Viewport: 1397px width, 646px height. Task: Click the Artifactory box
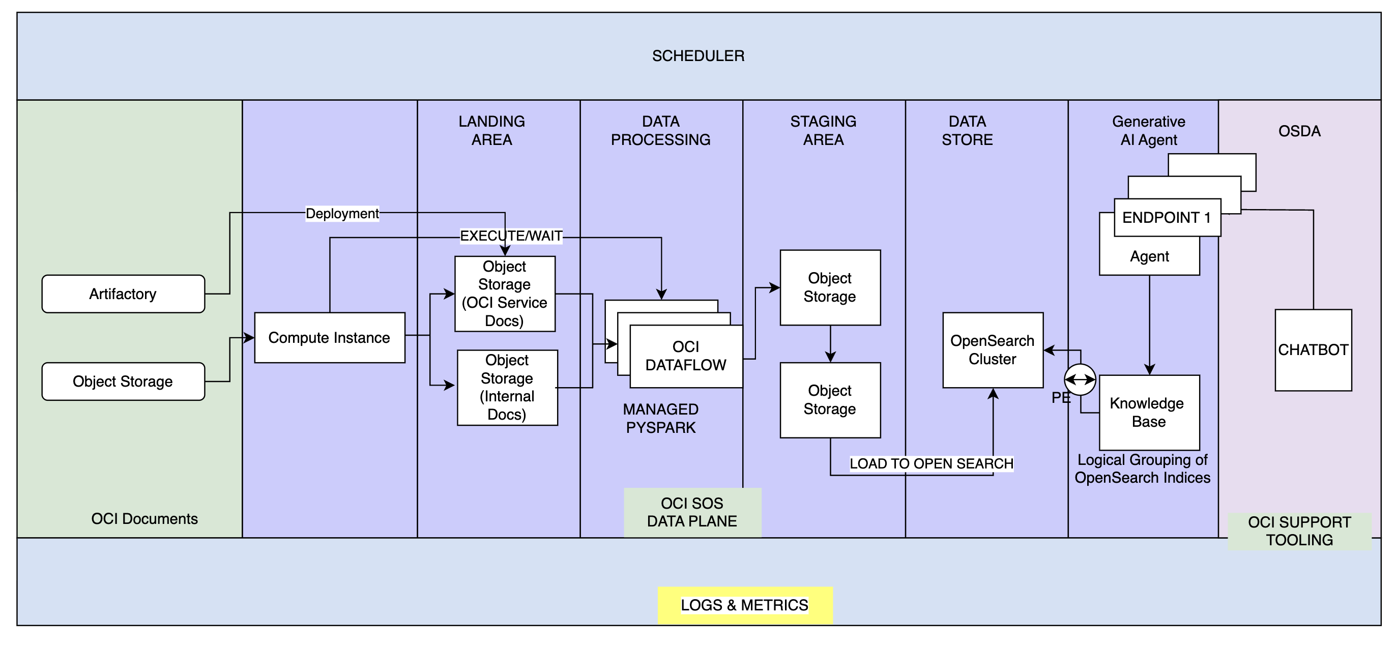[x=123, y=294]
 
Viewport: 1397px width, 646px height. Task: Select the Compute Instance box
[x=329, y=337]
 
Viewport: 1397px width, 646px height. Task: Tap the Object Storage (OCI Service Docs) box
[x=504, y=293]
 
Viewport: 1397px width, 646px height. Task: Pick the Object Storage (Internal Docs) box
[x=507, y=387]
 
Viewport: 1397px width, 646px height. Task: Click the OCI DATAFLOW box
[x=685, y=356]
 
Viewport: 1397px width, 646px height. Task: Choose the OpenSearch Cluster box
[x=993, y=350]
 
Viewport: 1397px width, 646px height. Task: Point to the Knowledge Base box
[x=1149, y=412]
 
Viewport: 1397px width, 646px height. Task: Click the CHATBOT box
[x=1313, y=350]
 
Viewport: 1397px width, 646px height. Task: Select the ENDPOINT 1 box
[x=1167, y=218]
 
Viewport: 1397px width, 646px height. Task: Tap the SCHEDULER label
[x=698, y=56]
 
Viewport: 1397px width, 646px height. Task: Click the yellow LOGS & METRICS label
[x=745, y=605]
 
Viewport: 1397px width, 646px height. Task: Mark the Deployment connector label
[x=342, y=213]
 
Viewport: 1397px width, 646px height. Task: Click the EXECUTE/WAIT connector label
[x=511, y=236]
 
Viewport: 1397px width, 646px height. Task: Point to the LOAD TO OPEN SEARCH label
[x=931, y=464]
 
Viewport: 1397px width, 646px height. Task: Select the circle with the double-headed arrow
[x=1080, y=379]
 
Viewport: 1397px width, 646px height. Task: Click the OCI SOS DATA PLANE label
[x=692, y=512]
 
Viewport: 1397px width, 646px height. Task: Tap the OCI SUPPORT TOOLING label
[x=1299, y=531]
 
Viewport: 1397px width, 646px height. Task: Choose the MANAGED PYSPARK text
[x=660, y=418]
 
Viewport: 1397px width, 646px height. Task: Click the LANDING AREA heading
[x=491, y=131]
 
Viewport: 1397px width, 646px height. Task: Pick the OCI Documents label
[x=144, y=519]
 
